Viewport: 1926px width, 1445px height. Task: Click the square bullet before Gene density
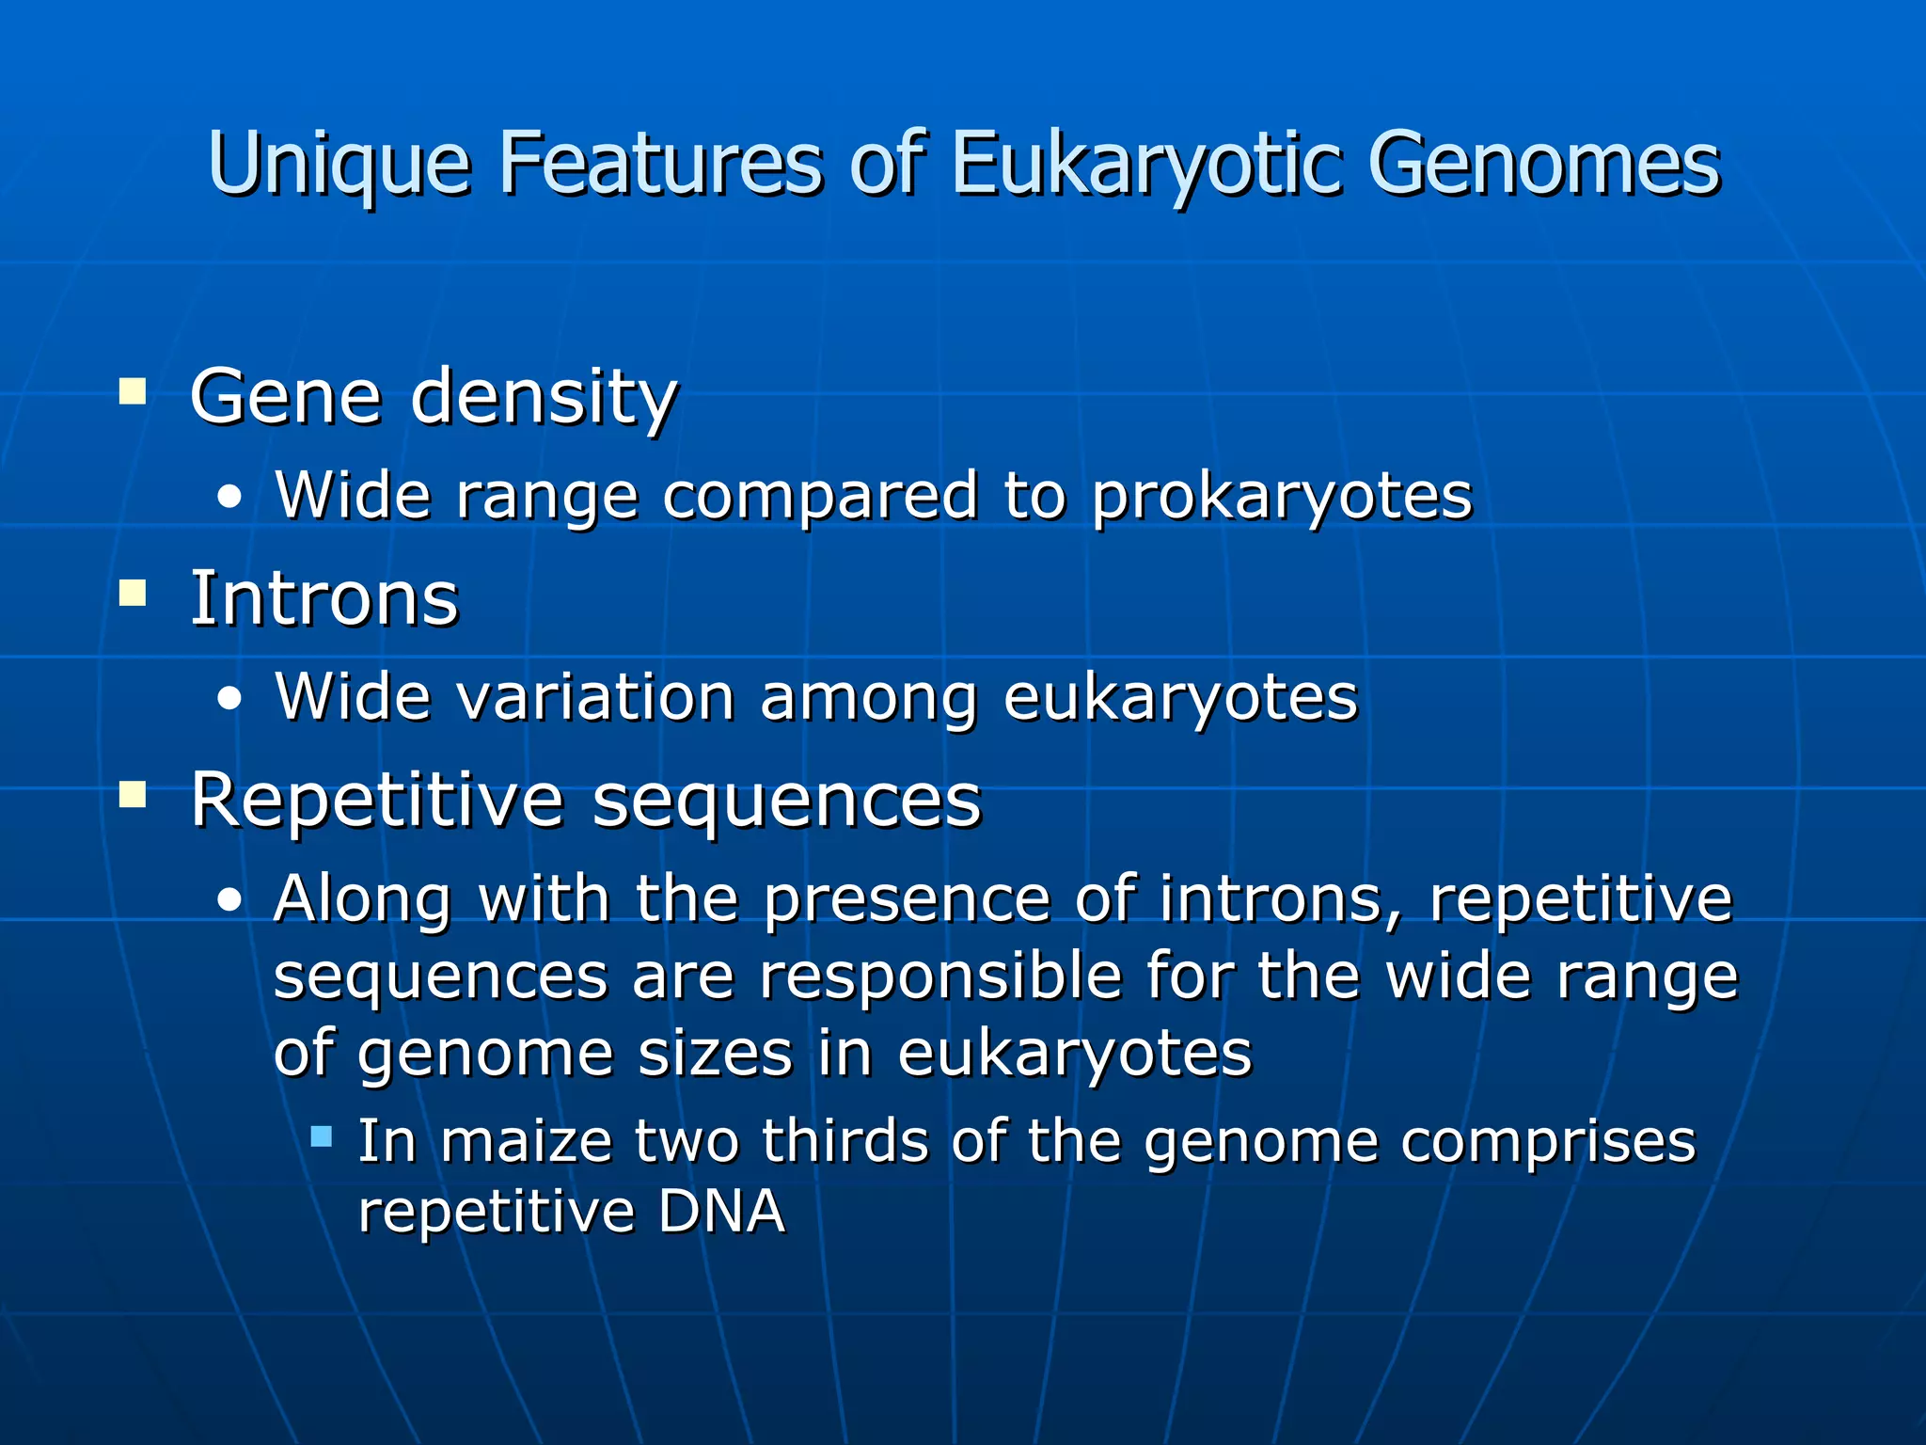133,390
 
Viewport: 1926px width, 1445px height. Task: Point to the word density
544,398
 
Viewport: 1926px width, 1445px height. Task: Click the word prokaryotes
1281,496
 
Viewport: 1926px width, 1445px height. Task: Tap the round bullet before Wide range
229,499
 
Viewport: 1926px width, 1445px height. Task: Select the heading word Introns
324,598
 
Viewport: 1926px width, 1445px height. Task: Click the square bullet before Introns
133,594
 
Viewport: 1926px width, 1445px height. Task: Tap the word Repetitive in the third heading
376,801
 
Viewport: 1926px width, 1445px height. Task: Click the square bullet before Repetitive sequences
133,795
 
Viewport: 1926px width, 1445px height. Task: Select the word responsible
940,977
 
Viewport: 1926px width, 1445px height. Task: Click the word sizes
715,1054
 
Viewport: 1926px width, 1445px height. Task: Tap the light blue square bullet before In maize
322,1136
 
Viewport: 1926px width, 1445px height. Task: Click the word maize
526,1142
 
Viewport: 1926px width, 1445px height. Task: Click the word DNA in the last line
721,1212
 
